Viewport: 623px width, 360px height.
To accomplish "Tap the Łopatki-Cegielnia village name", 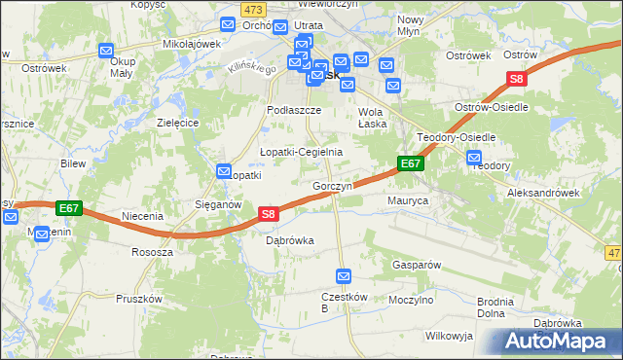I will [x=301, y=152].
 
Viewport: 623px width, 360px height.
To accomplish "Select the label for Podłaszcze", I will [x=295, y=111].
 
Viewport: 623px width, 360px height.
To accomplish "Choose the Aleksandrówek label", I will [x=543, y=194].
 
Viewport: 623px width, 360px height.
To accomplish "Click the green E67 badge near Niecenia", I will [x=68, y=207].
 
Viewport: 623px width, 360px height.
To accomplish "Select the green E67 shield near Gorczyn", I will [x=411, y=164].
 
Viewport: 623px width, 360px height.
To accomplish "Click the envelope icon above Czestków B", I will [x=343, y=276].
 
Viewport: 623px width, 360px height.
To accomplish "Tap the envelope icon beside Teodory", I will [x=474, y=158].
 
